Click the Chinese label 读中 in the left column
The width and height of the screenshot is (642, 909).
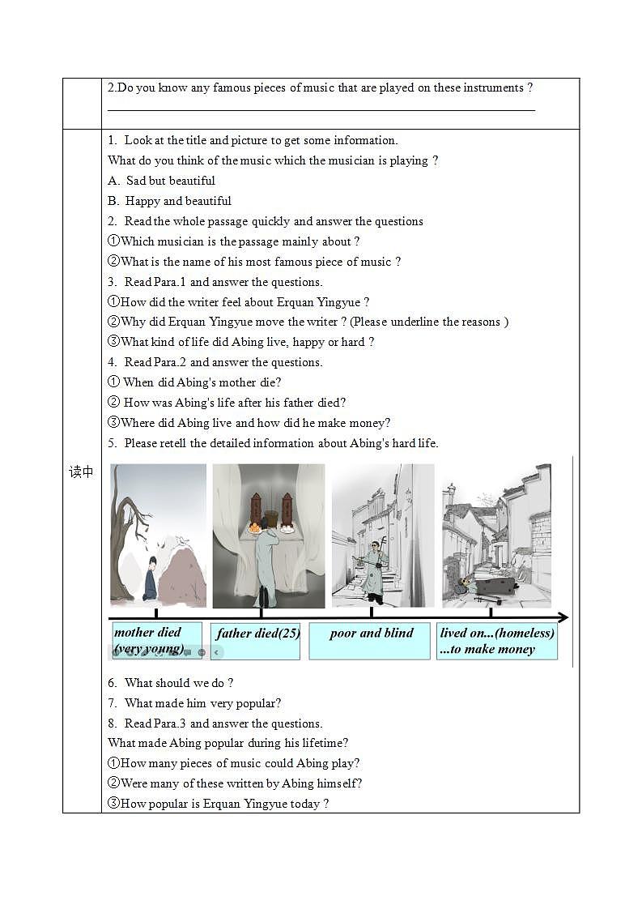coord(82,472)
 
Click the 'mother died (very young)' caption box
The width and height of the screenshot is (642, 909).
coord(156,640)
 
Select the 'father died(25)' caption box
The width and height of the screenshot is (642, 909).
coord(256,640)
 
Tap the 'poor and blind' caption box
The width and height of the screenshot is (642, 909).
coord(370,640)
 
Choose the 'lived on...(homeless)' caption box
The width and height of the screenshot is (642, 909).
coord(496,640)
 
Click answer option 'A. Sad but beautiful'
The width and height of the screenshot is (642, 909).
coord(162,181)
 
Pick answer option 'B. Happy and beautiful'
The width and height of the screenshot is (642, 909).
coord(170,201)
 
